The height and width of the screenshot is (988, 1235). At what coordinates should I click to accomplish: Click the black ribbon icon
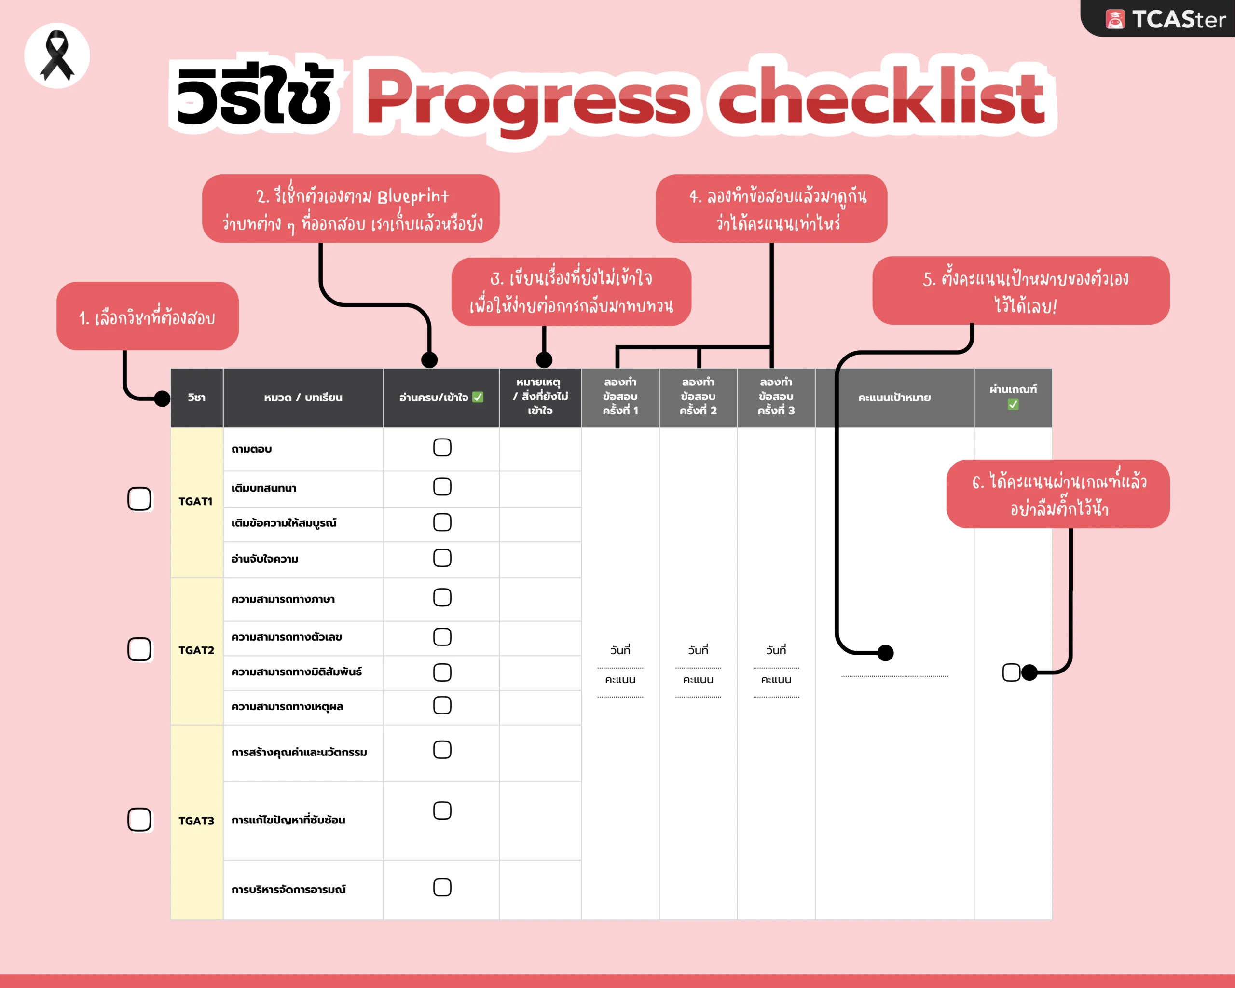tap(57, 55)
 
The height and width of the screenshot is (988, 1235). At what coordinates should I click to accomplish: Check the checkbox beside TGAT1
tap(139, 499)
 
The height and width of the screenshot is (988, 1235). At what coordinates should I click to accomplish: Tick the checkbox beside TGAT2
tap(139, 649)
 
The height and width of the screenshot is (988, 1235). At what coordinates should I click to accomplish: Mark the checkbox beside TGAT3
tap(139, 820)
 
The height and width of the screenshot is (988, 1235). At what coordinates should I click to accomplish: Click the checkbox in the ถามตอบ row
tap(442, 447)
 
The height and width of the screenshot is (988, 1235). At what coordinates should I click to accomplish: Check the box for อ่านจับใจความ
tap(442, 558)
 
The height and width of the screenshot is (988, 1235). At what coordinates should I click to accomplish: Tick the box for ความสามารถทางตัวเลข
tap(442, 637)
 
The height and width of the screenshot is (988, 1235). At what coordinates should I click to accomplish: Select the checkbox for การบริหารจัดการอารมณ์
tap(442, 887)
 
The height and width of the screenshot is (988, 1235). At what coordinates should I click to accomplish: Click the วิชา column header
tap(196, 398)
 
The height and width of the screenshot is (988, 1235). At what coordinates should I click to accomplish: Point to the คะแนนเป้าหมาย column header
tap(894, 398)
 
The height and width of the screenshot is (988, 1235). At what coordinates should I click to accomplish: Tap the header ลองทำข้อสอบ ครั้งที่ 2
tap(698, 397)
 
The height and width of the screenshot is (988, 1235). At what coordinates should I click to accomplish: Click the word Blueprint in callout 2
tap(413, 196)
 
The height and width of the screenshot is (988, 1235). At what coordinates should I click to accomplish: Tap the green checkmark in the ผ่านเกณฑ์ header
tap(1013, 404)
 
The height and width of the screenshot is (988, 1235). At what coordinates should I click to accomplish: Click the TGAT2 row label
tap(196, 650)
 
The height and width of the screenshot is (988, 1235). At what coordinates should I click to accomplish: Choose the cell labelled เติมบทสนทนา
tap(264, 488)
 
